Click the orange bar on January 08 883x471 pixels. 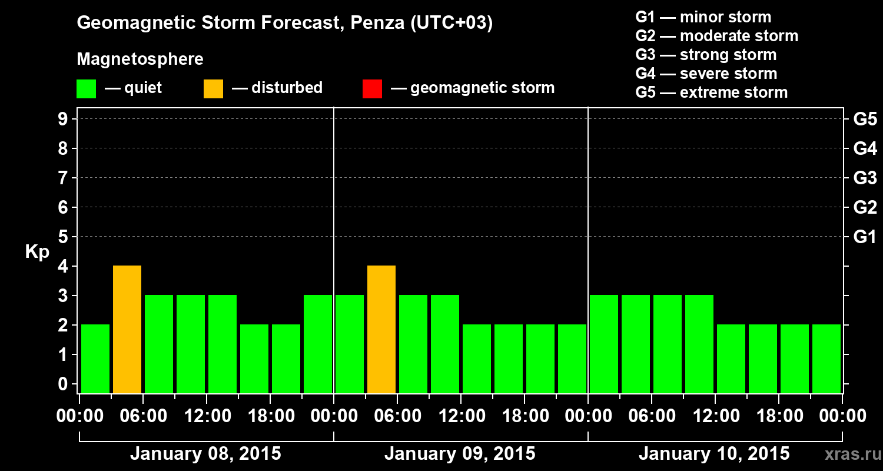click(x=127, y=329)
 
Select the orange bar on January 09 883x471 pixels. click(x=381, y=329)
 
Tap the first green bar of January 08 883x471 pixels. click(x=95, y=359)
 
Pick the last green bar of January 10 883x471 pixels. click(x=826, y=359)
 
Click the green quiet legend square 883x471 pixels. click(x=86, y=89)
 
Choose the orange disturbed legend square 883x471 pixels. click(x=213, y=89)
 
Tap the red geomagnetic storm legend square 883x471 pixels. click(x=372, y=89)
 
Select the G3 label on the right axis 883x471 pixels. click(x=865, y=178)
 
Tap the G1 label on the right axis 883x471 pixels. click(x=865, y=237)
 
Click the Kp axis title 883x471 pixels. click(x=37, y=252)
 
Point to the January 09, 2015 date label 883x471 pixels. click(x=460, y=454)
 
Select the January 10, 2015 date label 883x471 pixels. click(x=714, y=454)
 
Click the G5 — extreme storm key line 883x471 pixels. click(x=711, y=92)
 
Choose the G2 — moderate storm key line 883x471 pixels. click(x=716, y=36)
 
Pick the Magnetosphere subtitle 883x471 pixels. click(x=140, y=59)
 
